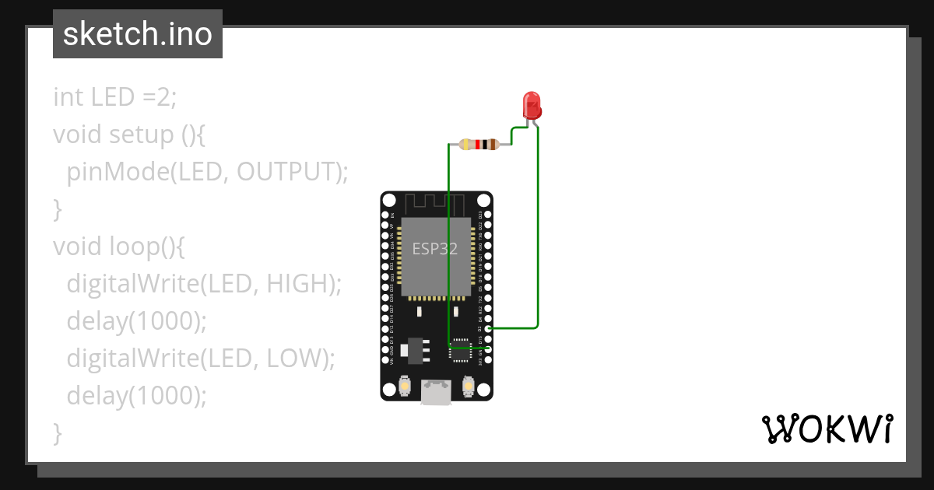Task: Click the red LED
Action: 532,105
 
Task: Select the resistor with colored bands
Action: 479,145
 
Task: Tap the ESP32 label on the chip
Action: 434,249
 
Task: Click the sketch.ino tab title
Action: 138,34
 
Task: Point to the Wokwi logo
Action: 827,429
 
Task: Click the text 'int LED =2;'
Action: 115,97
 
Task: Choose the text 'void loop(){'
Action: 118,247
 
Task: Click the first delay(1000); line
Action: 137,321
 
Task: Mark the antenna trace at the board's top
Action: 437,204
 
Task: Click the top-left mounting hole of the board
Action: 389,201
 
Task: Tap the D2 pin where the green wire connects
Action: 487,328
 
